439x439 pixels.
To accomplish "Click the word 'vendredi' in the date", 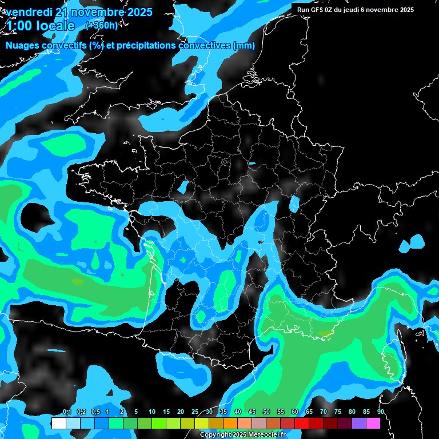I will pyautogui.click(x=29, y=12).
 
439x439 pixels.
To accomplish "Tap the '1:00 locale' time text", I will pyautogui.click(x=41, y=26).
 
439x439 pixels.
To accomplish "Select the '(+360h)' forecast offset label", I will pyautogui.click(x=102, y=25).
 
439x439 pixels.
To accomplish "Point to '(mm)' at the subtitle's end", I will pyautogui.click(x=244, y=46).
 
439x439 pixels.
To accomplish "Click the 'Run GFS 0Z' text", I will pyautogui.click(x=318, y=10).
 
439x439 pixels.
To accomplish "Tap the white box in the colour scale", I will pyautogui.click(x=58, y=423).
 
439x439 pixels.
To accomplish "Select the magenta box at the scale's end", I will pyautogui.click(x=373, y=423).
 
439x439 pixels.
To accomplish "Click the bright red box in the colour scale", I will pyautogui.click(x=302, y=423).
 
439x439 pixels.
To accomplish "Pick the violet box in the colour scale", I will pyautogui.click(x=359, y=423).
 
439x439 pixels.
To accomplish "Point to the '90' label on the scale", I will pyautogui.click(x=380, y=412).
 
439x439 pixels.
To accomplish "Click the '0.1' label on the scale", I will pyautogui.click(x=66, y=412).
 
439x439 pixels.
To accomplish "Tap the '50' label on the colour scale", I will pyautogui.click(x=266, y=412).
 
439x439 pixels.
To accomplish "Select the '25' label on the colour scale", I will pyautogui.click(x=195, y=412).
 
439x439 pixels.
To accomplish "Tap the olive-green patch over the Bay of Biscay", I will pyautogui.click(x=77, y=282).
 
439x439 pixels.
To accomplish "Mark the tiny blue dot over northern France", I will pyautogui.click(x=252, y=164).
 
